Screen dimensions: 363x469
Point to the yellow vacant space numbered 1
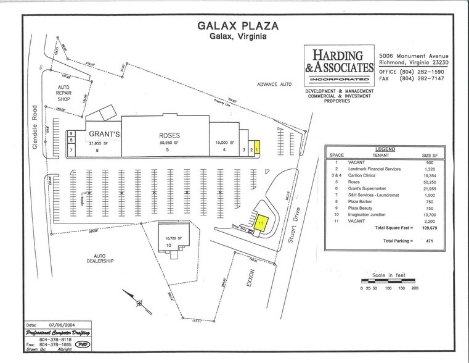coord(259,148)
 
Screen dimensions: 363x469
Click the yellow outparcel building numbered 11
coord(262,222)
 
